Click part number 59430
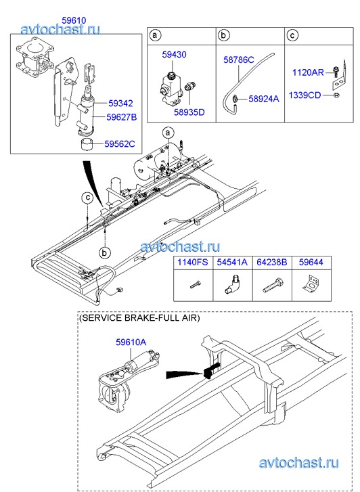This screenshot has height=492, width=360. [174, 55]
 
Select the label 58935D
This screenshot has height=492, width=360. [189, 112]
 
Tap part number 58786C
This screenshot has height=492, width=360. [239, 60]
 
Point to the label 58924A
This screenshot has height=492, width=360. [264, 99]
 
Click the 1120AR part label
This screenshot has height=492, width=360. [308, 72]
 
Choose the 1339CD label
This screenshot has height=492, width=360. [305, 95]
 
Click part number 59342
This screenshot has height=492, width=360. [120, 104]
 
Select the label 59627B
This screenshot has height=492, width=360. [121, 117]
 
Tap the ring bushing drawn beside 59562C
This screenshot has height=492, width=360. [87, 144]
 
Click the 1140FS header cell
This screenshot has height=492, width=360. [193, 263]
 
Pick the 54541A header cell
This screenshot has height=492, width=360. [232, 263]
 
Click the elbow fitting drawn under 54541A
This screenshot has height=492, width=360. [231, 284]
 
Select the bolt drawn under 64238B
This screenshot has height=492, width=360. [273, 285]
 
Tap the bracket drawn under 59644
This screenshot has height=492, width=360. [311, 284]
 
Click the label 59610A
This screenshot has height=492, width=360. [131, 342]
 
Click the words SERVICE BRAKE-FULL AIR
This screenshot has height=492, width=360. [139, 318]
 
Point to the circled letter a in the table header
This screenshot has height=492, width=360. [155, 35]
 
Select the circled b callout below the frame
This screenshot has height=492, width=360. [104, 253]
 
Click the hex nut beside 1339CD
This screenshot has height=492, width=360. [336, 95]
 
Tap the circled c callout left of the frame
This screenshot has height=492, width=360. [88, 198]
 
